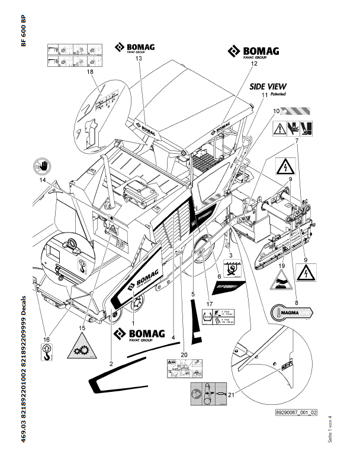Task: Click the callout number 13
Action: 138,59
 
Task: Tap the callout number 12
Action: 253,62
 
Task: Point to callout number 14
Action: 43,181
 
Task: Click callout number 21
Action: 230,395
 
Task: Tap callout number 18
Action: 90,72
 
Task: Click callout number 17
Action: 209,304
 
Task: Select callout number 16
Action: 46,339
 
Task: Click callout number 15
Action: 82,327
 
